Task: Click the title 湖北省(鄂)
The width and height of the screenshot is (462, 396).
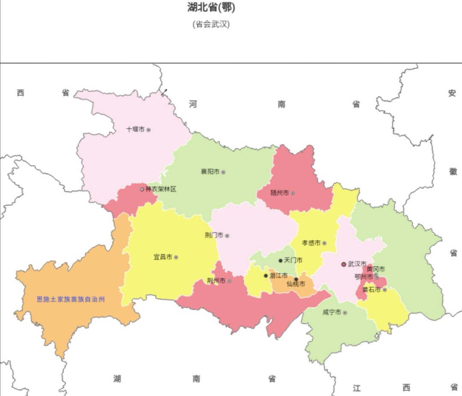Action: click(x=211, y=7)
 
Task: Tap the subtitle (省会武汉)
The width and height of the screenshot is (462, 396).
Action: click(x=211, y=24)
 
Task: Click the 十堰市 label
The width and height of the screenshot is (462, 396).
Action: click(x=135, y=129)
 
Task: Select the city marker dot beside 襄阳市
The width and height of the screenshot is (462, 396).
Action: click(x=223, y=172)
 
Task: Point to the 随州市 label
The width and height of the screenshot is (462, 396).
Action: click(x=280, y=193)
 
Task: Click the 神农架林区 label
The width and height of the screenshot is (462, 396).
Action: click(x=161, y=189)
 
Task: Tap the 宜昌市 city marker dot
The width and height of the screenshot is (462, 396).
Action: click(x=176, y=257)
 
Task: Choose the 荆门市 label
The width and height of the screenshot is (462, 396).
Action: click(x=214, y=236)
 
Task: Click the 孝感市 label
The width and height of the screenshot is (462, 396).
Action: click(x=311, y=243)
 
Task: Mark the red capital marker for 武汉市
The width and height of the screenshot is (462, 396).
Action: click(x=344, y=264)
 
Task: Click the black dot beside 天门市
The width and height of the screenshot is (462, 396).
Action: click(x=281, y=260)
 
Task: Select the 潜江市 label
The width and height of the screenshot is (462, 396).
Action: click(x=278, y=276)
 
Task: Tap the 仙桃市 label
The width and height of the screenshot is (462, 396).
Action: click(x=296, y=284)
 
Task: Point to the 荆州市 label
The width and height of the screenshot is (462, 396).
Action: click(x=216, y=281)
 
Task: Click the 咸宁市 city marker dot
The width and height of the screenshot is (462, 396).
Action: click(x=345, y=313)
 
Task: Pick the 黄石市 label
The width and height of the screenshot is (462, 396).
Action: click(x=371, y=290)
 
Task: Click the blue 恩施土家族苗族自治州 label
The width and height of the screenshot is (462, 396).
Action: click(x=71, y=299)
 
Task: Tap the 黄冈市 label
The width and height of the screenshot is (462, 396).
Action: click(x=376, y=269)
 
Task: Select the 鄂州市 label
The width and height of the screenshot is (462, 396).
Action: click(x=364, y=277)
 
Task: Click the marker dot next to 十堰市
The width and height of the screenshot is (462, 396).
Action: click(x=148, y=130)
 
